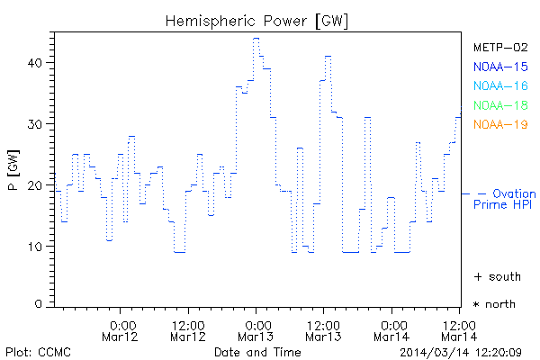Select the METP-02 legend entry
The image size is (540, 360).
(500, 47)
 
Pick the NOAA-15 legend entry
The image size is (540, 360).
(500, 67)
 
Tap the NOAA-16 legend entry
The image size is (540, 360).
(500, 85)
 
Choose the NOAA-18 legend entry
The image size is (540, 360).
(500, 105)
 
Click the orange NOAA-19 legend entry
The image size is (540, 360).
(500, 124)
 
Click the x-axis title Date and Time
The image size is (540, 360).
(256, 351)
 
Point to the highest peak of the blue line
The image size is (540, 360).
(256, 39)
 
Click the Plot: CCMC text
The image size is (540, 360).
(38, 351)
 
